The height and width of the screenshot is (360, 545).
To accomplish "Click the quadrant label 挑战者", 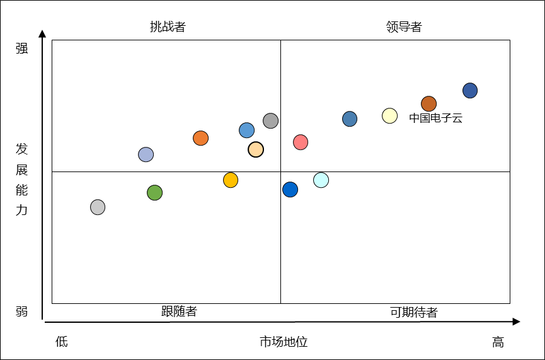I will click(x=168, y=26).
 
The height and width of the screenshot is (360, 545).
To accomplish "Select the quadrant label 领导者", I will click(x=404, y=26).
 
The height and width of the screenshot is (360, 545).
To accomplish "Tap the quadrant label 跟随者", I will click(x=179, y=311).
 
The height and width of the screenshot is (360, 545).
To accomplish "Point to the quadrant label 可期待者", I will click(x=413, y=313).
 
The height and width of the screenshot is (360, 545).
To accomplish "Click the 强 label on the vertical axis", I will click(x=22, y=49).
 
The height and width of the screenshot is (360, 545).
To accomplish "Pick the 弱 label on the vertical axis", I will click(x=22, y=311).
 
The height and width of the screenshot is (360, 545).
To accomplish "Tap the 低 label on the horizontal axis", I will click(x=61, y=342).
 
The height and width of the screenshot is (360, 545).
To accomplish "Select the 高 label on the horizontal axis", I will click(x=498, y=342).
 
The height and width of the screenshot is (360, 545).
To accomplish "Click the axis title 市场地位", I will click(x=284, y=342).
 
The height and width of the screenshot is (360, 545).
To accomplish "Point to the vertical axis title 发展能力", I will click(x=22, y=179).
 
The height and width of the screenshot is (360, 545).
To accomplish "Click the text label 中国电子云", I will click(x=435, y=118).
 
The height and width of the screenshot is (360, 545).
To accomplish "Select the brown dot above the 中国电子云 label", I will click(x=428, y=103).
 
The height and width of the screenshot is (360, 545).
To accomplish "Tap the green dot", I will click(x=154, y=192).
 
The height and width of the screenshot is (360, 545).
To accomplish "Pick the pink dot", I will click(x=301, y=142).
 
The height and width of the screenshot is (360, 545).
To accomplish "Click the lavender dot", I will click(x=146, y=154).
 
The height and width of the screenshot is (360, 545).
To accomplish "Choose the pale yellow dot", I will click(x=389, y=115).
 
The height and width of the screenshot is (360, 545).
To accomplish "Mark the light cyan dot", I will click(x=321, y=180).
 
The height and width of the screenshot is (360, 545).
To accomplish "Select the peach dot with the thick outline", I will click(x=255, y=149).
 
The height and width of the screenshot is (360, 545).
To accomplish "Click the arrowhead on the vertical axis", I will click(x=42, y=33).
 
